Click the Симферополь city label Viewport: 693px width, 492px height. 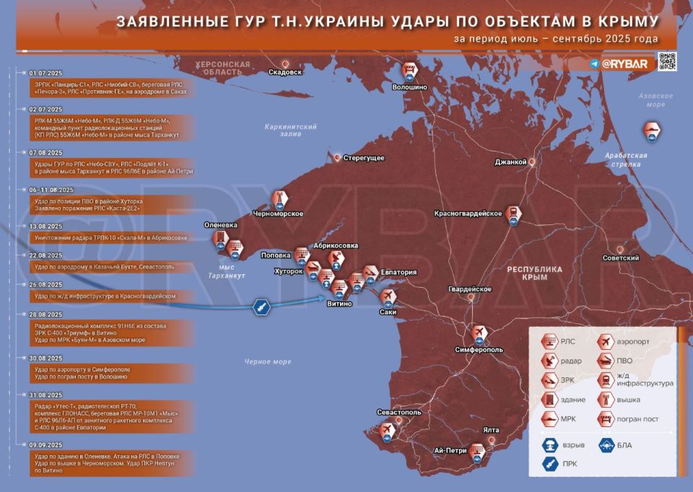point(479,350)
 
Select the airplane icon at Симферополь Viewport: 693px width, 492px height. point(479,333)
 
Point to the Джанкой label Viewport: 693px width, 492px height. point(510,162)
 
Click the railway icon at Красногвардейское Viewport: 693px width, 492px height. point(513,214)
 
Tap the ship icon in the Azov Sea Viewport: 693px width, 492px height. point(651,130)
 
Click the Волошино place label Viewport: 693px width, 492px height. point(409,87)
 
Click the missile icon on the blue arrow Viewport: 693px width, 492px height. point(258,309)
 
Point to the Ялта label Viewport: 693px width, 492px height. point(492,429)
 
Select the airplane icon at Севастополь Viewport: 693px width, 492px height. point(388,430)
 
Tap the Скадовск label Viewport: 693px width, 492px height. point(284,72)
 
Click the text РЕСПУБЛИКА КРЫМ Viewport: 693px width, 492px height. point(534,273)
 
